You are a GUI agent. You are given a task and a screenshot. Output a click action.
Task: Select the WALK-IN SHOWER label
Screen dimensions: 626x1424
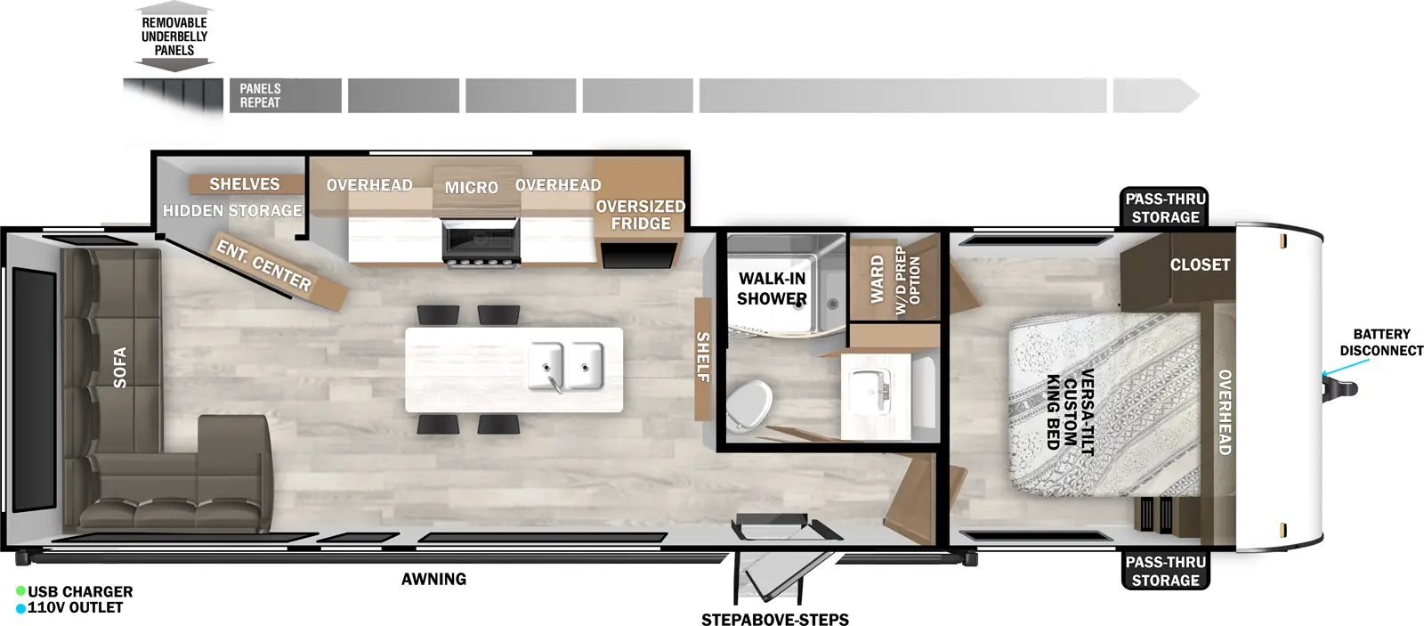772,289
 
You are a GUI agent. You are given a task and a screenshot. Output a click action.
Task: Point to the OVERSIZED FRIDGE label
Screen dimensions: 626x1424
640,215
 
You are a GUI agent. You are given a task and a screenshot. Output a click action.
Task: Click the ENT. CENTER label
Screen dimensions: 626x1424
264,266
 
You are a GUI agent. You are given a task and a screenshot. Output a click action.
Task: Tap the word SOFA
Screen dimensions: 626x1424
120,367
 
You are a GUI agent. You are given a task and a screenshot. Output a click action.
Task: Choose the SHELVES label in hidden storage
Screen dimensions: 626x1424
245,184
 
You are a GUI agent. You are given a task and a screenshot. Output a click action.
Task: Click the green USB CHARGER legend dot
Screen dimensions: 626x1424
20,591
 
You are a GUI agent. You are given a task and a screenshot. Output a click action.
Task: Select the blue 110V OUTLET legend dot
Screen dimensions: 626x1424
20,608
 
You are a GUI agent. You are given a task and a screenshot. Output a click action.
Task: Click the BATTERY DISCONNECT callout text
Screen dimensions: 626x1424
1381,342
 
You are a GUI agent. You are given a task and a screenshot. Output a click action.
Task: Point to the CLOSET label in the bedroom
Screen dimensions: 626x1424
1200,264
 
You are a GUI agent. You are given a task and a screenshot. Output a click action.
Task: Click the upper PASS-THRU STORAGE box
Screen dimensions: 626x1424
1165,208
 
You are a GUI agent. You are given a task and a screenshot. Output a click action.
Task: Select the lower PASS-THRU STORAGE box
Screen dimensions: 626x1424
1165,571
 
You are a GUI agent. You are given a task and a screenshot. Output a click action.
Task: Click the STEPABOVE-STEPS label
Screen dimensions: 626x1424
774,620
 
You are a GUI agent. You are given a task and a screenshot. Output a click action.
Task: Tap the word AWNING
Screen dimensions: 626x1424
433,579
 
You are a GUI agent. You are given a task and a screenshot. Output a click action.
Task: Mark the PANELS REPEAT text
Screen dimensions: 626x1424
260,95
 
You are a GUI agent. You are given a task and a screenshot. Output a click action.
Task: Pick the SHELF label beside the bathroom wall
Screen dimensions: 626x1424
703,357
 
